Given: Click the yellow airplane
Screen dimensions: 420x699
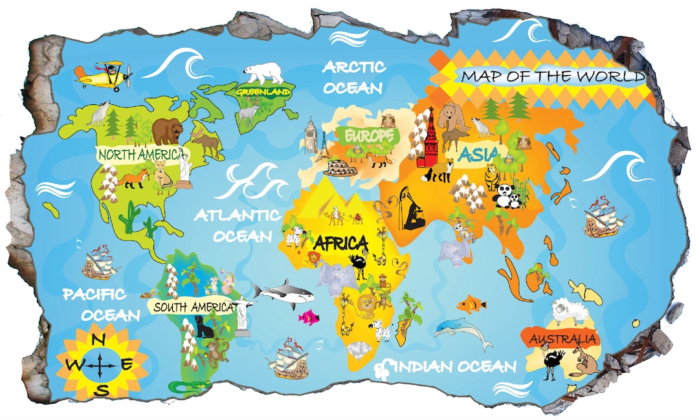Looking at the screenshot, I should [x=104, y=76].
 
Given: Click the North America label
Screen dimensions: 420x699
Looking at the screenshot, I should [x=139, y=154].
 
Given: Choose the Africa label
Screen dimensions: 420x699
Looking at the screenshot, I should [x=340, y=243].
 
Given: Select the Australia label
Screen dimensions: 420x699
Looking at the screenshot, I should [x=562, y=339].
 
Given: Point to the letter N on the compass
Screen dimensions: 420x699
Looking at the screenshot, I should [x=99, y=342].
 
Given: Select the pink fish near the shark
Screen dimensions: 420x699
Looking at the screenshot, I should [x=309, y=317].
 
